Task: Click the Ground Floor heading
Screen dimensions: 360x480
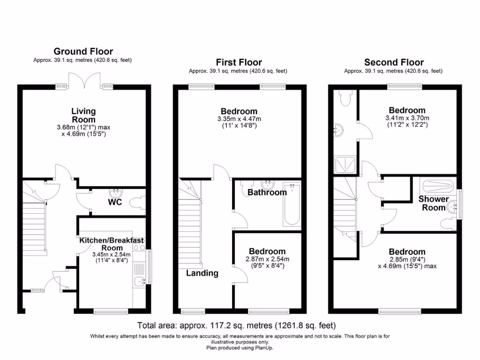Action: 83,52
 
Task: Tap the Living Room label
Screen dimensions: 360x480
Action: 83,115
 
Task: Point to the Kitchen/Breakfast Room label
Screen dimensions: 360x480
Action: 112,244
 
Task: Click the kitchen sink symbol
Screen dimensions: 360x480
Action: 139,281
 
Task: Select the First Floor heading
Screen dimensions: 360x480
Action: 239,62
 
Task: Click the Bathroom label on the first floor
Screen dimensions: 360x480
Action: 267,193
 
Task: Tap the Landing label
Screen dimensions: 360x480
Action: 202,273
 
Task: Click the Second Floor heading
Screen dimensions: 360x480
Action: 394,62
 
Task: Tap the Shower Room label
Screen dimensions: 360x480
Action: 434,203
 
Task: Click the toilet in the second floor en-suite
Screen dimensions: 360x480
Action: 344,98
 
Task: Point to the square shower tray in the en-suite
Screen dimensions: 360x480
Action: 345,165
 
